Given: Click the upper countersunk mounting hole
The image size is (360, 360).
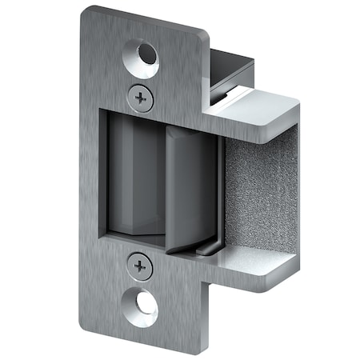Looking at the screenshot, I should coord(146,57).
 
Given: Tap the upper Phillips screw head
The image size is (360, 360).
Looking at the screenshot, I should coord(141,98).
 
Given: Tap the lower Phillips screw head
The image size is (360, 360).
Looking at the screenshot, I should coord(140,265).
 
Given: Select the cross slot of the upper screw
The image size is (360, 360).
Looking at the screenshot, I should coord(141,98).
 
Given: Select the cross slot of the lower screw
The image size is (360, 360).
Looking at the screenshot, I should coord(140,265).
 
